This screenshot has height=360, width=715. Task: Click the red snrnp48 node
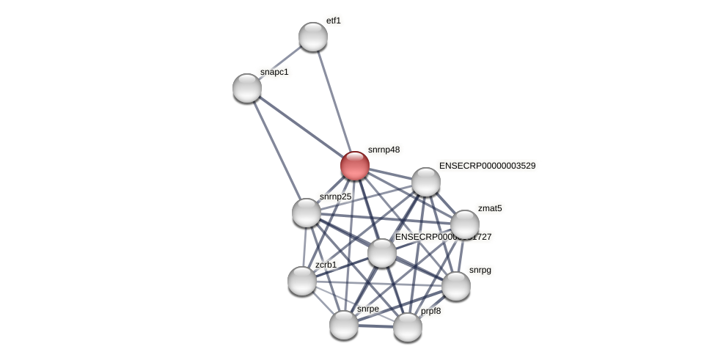click(x=355, y=166)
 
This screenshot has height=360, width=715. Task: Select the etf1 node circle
click(x=313, y=37)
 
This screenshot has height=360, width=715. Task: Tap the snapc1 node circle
click(x=247, y=88)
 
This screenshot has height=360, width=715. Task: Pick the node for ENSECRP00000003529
click(x=426, y=182)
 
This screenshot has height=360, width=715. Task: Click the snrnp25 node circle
click(x=307, y=213)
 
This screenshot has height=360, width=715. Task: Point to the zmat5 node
click(x=465, y=224)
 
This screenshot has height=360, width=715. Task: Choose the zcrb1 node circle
click(x=302, y=280)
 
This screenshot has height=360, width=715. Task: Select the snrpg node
click(x=456, y=286)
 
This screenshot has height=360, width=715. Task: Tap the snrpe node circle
click(x=344, y=324)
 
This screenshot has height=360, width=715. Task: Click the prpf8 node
click(x=408, y=327)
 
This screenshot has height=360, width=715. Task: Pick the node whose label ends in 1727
click(x=382, y=253)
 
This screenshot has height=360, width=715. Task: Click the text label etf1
click(x=334, y=21)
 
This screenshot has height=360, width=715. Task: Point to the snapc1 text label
click(x=274, y=72)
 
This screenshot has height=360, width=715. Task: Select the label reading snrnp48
click(x=384, y=150)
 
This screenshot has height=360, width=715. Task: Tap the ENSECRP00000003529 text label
click(x=487, y=166)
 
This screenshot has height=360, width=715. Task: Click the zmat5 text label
click(x=490, y=208)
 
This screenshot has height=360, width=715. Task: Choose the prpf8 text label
click(x=430, y=311)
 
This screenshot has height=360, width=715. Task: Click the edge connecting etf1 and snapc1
click(x=280, y=62)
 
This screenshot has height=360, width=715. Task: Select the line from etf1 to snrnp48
click(x=334, y=100)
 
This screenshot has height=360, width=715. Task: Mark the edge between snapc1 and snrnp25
click(x=276, y=150)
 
